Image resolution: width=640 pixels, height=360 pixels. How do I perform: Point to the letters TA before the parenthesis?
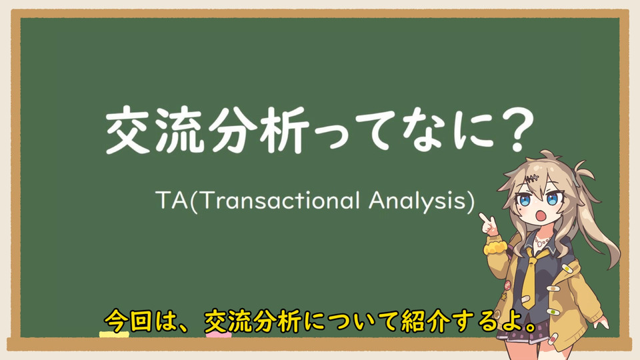click(171, 201)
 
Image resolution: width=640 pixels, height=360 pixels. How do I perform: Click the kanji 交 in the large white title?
click(128, 130)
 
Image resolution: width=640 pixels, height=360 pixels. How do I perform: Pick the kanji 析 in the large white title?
click(284, 130)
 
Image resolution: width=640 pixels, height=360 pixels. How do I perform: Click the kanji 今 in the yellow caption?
click(116, 321)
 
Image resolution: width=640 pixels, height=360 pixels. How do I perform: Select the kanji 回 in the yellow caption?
click(141, 321)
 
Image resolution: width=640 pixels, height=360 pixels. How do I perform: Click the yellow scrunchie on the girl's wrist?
click(495, 246)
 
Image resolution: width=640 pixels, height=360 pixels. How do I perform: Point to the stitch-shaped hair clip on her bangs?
click(531, 178)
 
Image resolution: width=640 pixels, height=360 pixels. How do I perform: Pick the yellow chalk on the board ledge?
click(114, 335)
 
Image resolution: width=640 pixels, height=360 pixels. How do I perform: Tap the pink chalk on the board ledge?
click(219, 335)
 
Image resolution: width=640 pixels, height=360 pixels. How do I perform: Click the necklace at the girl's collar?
click(542, 240)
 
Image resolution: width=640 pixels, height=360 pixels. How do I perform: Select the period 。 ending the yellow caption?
click(529, 327)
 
